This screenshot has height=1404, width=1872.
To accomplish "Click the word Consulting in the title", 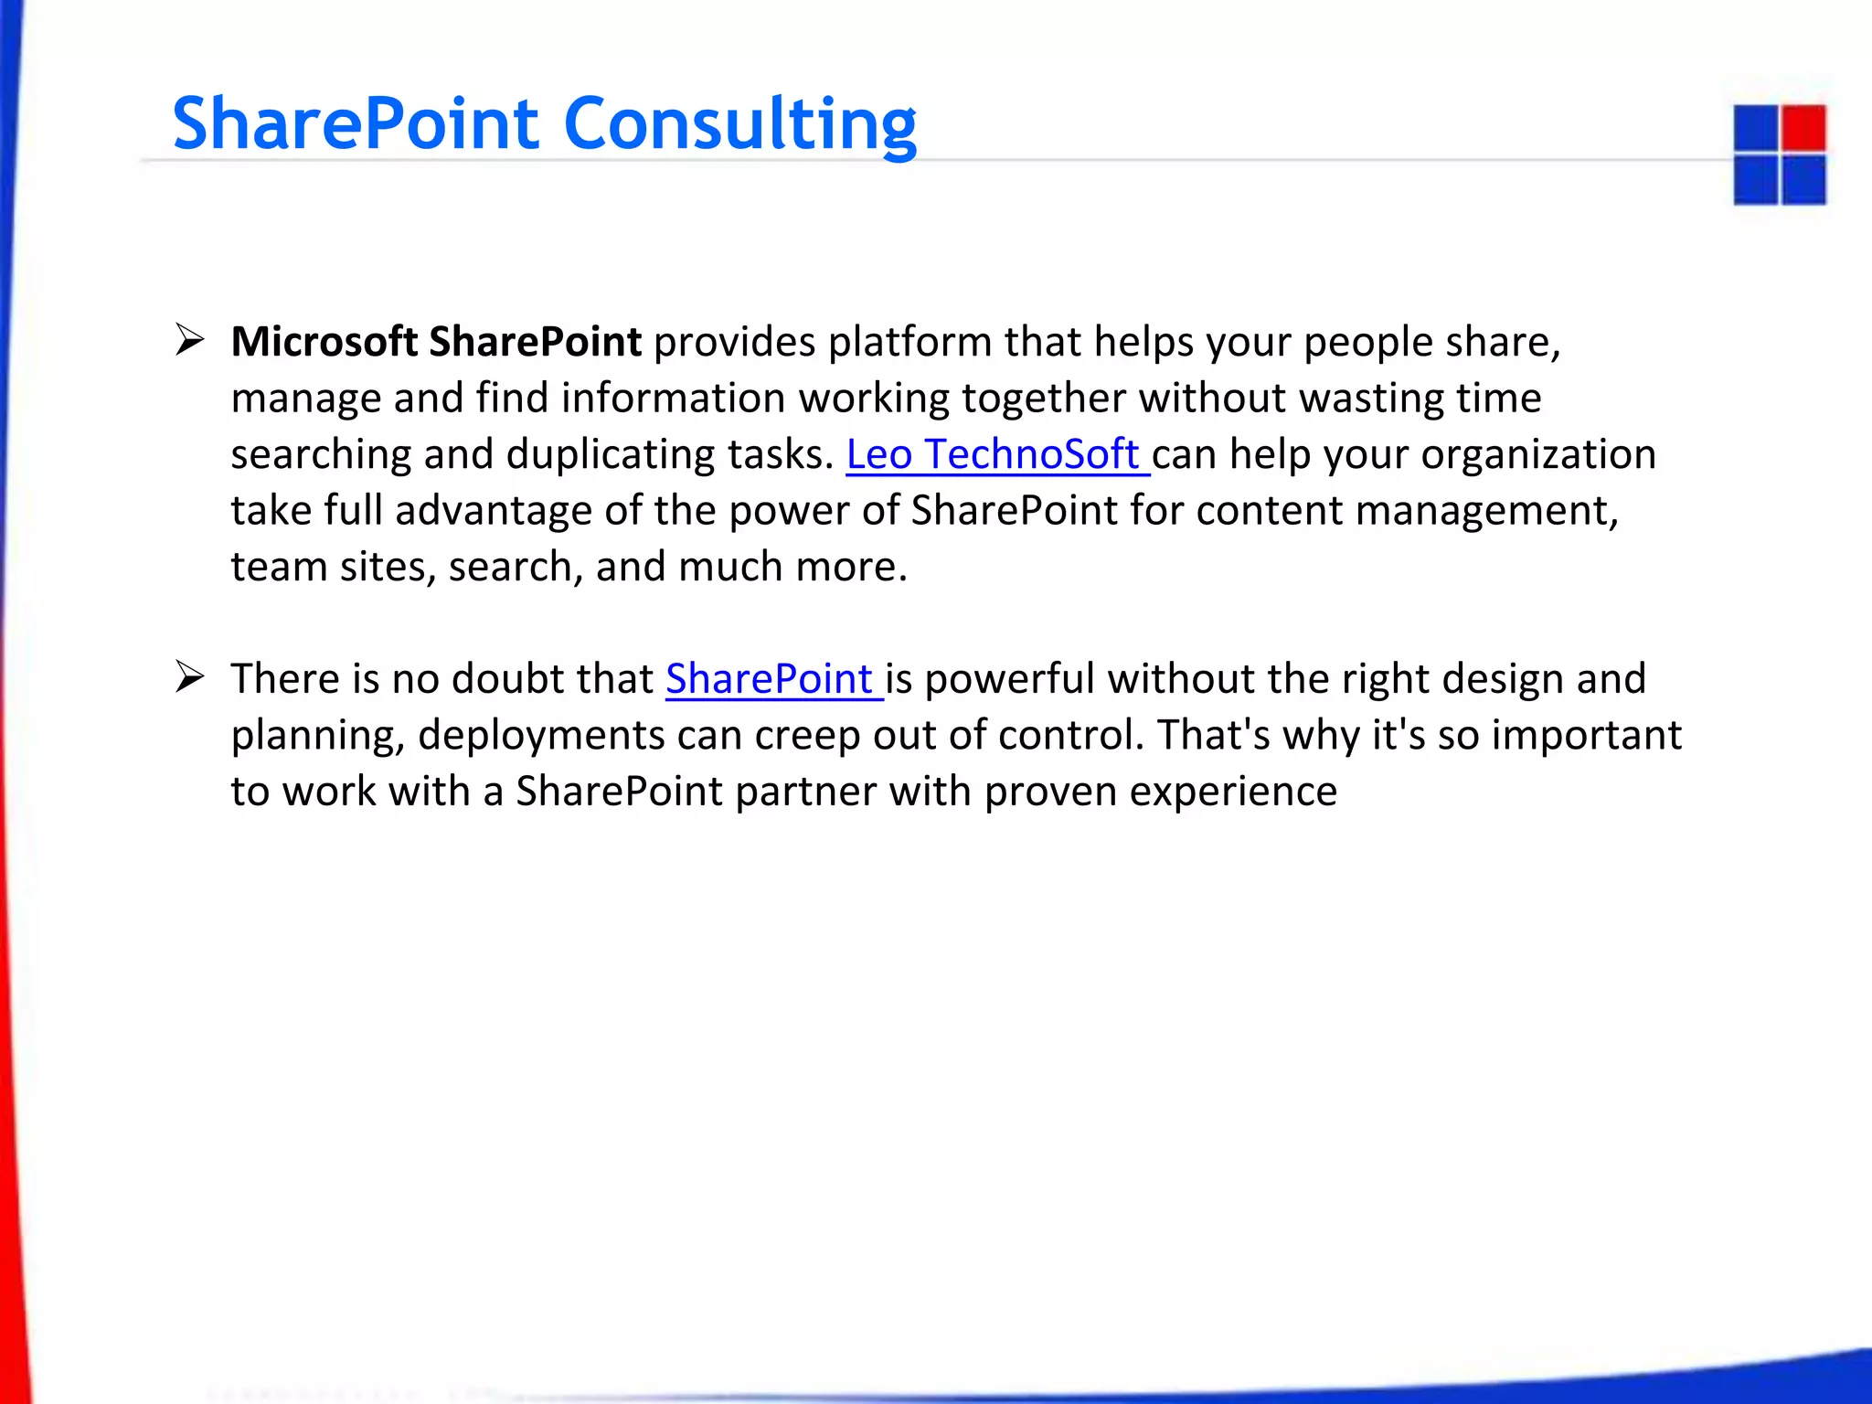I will pos(740,124).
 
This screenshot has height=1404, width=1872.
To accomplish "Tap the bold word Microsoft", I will pos(324,342).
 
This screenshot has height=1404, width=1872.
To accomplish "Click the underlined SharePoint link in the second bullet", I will pos(770,679).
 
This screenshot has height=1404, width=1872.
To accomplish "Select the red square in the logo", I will pos(1803,128).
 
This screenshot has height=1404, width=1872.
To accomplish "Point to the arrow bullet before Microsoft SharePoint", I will pos(189,340).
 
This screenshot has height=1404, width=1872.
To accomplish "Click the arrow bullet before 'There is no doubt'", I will pos(189,677).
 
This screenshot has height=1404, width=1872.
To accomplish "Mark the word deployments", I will pos(541,736).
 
